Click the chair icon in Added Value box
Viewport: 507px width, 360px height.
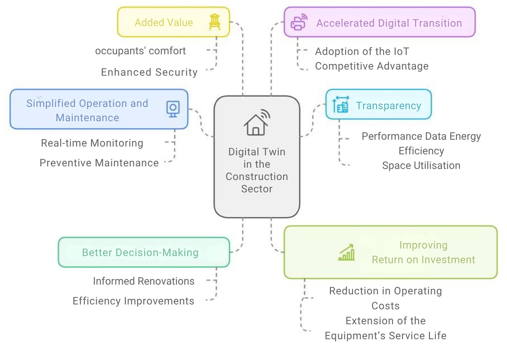(214, 22)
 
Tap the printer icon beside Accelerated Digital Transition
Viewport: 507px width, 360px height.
(299, 22)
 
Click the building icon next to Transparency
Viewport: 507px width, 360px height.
(341, 104)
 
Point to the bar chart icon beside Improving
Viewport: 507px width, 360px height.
(346, 252)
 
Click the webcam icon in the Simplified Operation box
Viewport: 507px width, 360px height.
(173, 109)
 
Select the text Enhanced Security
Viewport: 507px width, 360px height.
(149, 72)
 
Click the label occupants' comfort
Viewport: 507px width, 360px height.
(140, 51)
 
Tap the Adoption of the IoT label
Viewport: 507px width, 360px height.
(362, 52)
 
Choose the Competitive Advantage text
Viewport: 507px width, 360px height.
(372, 66)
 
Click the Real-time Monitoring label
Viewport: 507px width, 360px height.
(92, 143)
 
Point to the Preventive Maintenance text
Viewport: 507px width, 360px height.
(99, 163)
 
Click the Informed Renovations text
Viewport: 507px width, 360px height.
(144, 281)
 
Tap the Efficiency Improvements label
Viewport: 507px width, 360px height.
(133, 301)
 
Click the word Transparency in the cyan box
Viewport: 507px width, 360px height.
(388, 106)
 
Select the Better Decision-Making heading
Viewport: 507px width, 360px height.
(140, 252)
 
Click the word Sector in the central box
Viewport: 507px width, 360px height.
(257, 189)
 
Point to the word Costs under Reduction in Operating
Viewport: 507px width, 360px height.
(385, 306)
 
